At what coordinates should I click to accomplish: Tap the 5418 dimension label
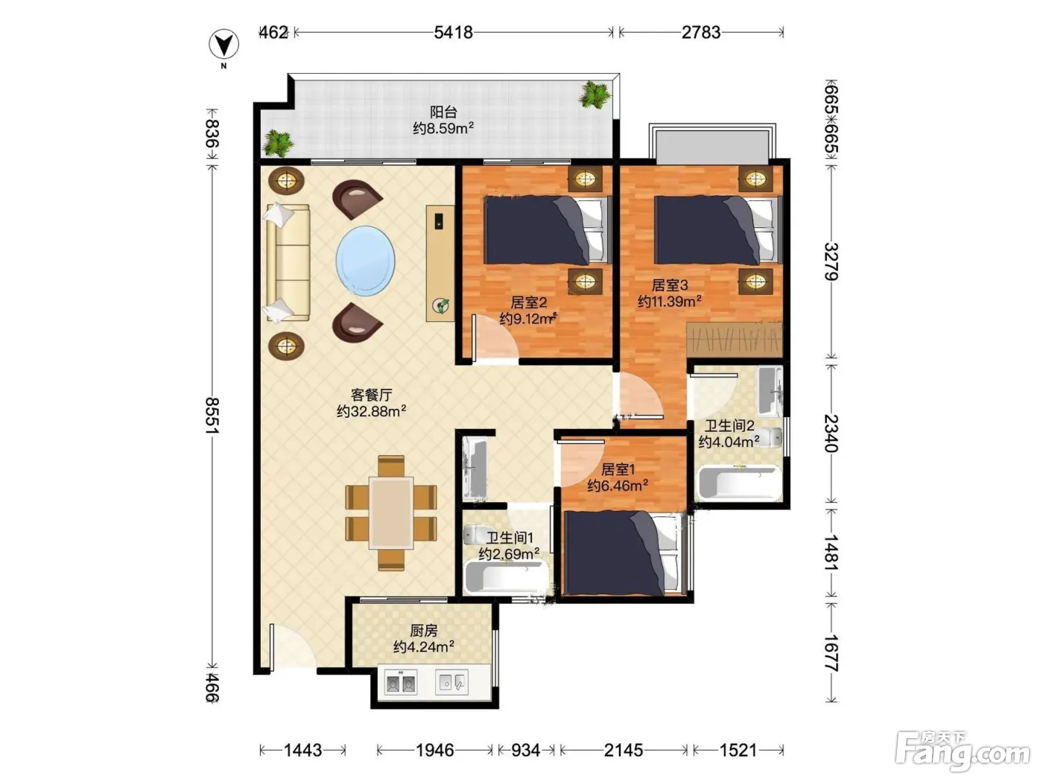point(453,32)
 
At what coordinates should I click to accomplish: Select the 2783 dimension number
point(701,32)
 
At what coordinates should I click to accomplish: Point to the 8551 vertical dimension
point(212,416)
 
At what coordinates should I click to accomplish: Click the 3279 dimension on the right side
point(831,261)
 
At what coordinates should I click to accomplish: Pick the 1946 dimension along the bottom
point(435,750)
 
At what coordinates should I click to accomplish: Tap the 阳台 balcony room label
point(443,112)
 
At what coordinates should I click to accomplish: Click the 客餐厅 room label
point(371,395)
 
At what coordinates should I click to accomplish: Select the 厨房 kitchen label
point(423,631)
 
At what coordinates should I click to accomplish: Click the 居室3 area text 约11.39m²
point(670,302)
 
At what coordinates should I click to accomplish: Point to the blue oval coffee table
point(365,261)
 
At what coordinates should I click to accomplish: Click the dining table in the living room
point(391,513)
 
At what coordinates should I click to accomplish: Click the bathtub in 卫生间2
point(739,483)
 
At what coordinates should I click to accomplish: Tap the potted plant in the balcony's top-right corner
point(593,95)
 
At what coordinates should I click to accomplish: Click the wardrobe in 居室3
point(735,339)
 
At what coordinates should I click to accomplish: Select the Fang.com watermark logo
point(962,751)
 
